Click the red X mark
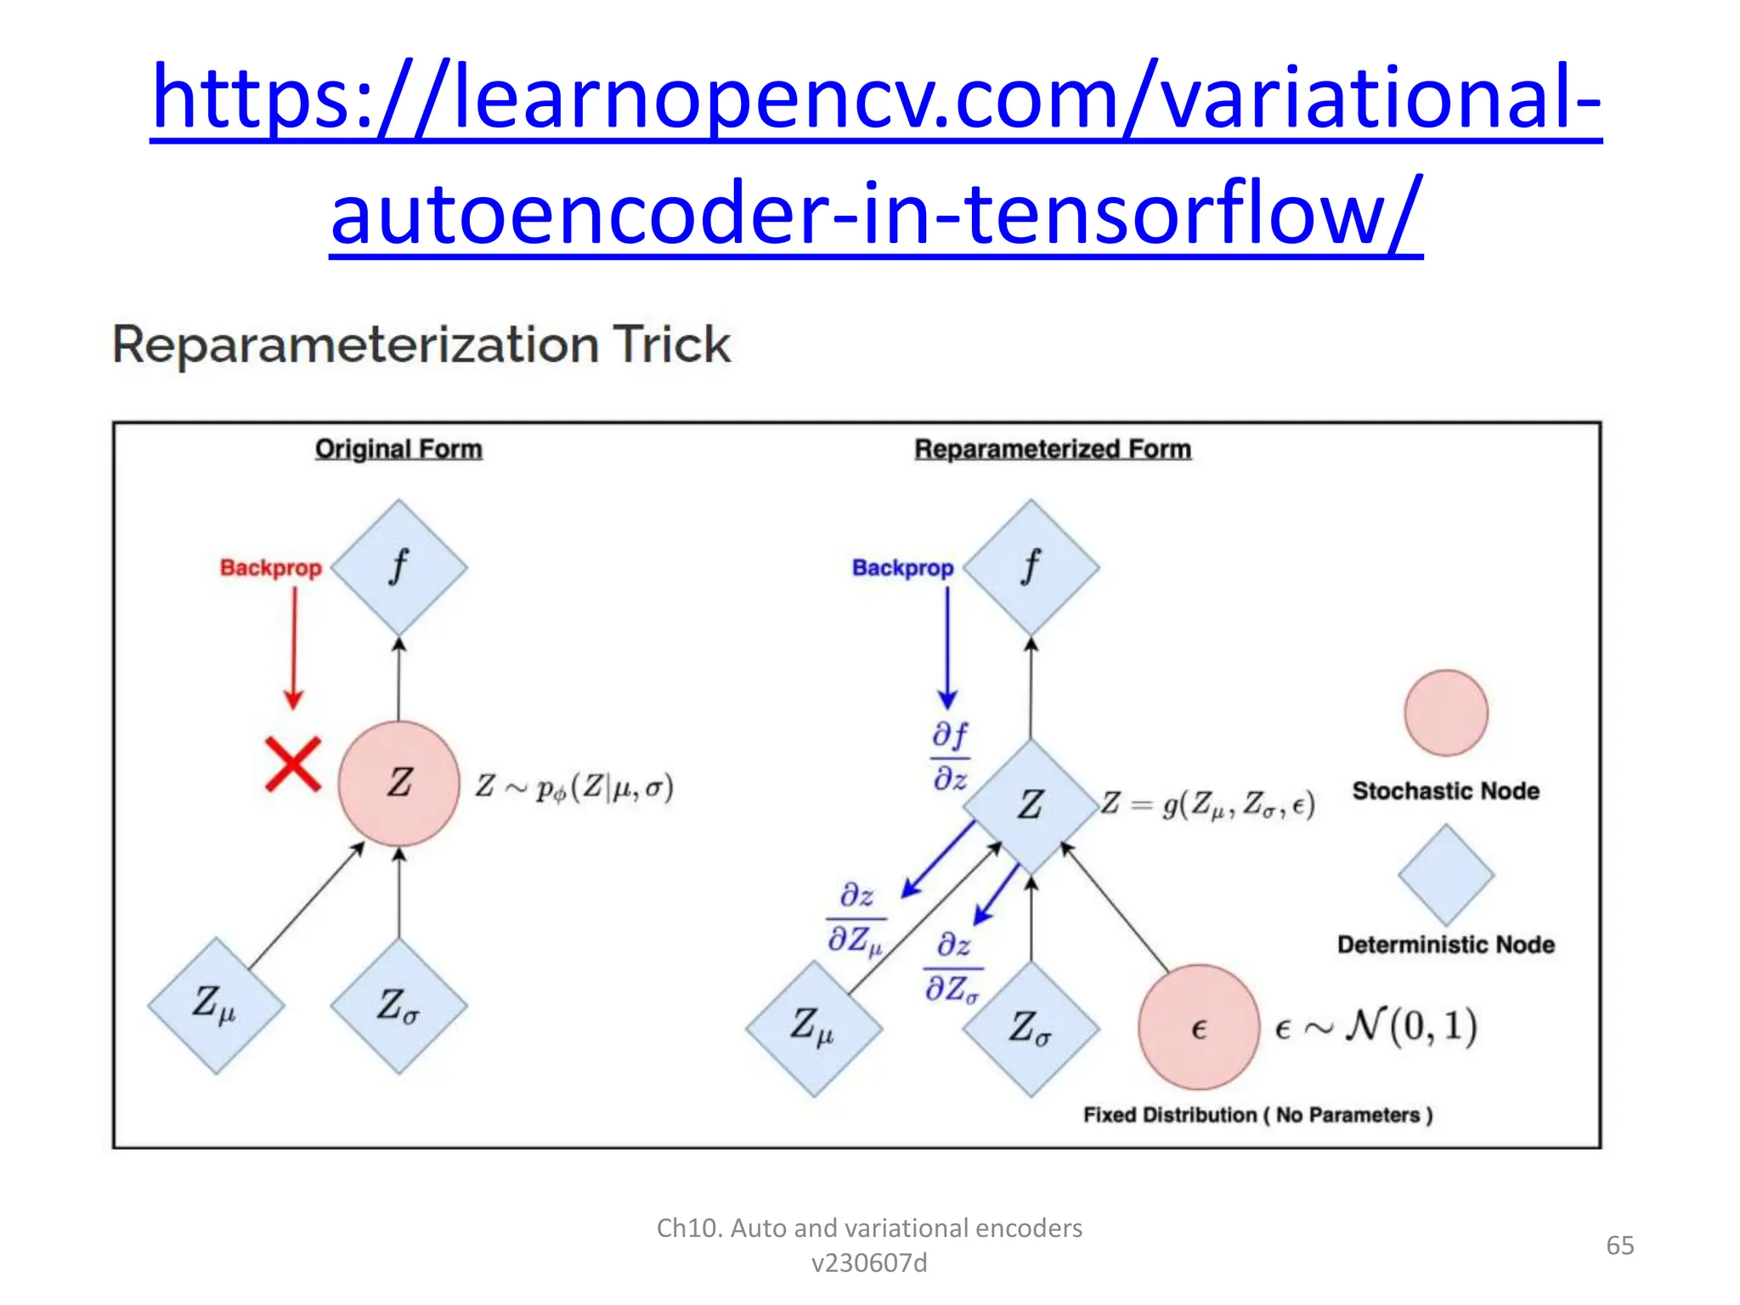(x=293, y=764)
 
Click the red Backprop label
(x=270, y=568)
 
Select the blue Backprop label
(x=902, y=568)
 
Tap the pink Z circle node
(x=399, y=783)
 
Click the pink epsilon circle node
(x=1199, y=1027)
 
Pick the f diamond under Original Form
(x=399, y=567)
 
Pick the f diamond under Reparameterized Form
(x=1031, y=567)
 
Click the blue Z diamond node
(x=1031, y=805)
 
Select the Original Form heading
(x=398, y=449)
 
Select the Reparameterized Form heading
(x=1053, y=449)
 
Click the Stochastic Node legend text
(x=1445, y=791)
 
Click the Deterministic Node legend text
(x=1445, y=945)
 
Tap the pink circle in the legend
(x=1446, y=713)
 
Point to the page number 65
(x=1619, y=1246)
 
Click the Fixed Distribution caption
(x=1257, y=1115)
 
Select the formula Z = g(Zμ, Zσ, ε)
(x=1208, y=804)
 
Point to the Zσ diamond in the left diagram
(x=399, y=1006)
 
